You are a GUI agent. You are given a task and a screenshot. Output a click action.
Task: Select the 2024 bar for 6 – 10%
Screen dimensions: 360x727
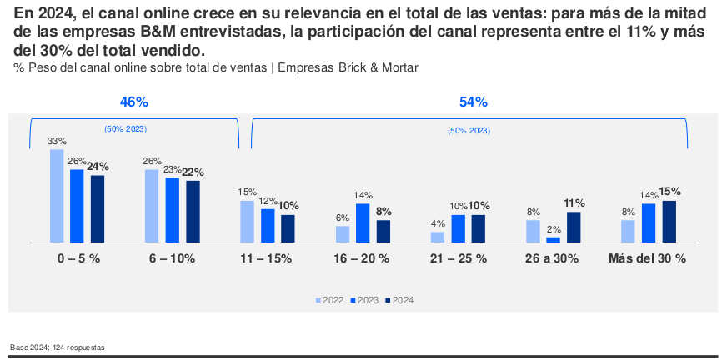[x=193, y=211]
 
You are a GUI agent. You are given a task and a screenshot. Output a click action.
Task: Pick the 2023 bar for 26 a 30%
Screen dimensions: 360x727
[x=554, y=239]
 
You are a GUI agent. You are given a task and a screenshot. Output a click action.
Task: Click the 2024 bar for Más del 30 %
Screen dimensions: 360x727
[x=669, y=221]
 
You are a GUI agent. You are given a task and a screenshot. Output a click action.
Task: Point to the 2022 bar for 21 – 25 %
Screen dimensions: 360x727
[x=438, y=236]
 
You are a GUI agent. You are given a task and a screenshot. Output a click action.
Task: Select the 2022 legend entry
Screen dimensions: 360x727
[x=331, y=300]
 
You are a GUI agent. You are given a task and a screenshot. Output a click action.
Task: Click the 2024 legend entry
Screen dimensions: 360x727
[x=399, y=300]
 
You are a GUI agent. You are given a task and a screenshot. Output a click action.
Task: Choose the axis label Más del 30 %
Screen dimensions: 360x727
[x=648, y=258]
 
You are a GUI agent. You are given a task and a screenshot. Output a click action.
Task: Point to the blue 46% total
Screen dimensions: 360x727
[x=134, y=102]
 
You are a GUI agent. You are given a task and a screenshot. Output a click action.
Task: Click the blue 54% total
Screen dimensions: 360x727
[x=473, y=102]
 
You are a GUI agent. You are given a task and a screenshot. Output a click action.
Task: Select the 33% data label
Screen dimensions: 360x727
[x=57, y=142]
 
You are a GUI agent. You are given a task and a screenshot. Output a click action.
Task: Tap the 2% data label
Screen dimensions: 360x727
[x=554, y=229]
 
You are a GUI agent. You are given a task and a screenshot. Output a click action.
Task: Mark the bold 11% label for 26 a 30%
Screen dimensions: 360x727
[x=574, y=203]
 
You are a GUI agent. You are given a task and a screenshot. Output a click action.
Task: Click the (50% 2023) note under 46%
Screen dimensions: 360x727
[x=125, y=129]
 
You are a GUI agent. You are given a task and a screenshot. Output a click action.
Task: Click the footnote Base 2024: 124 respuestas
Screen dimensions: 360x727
[x=58, y=347]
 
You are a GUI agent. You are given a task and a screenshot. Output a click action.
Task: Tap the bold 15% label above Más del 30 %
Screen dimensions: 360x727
[x=670, y=192]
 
